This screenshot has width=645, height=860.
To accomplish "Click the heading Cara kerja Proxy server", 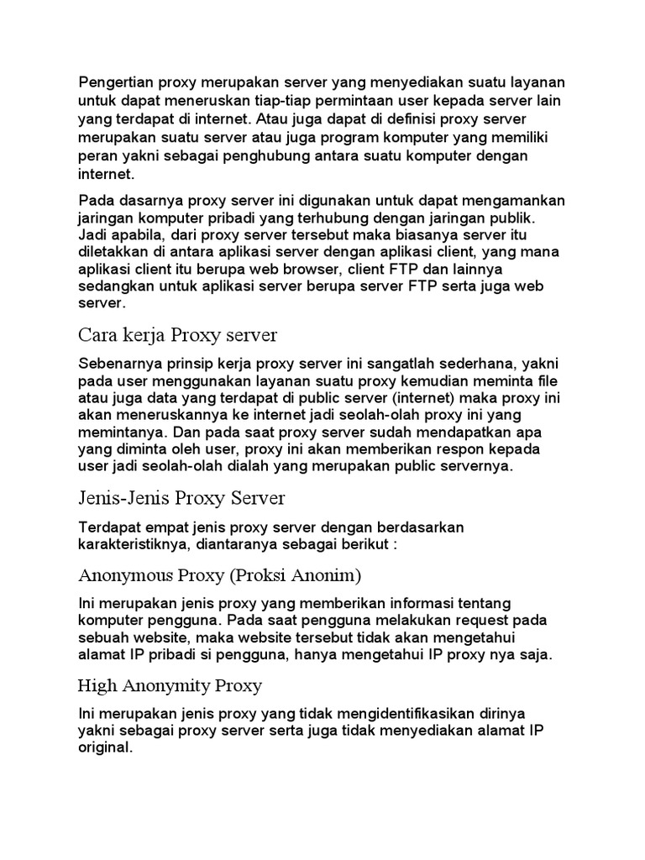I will [177, 336].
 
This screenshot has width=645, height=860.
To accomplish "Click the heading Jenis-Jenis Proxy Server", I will [182, 499].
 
